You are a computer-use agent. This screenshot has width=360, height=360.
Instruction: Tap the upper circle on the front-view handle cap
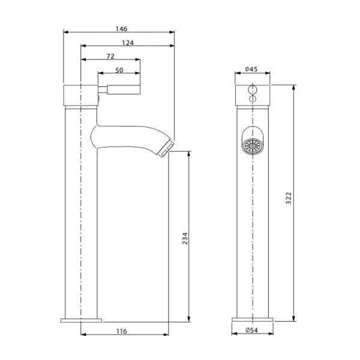point(252,88)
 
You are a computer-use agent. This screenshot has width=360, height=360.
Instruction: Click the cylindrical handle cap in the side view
point(80,95)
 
